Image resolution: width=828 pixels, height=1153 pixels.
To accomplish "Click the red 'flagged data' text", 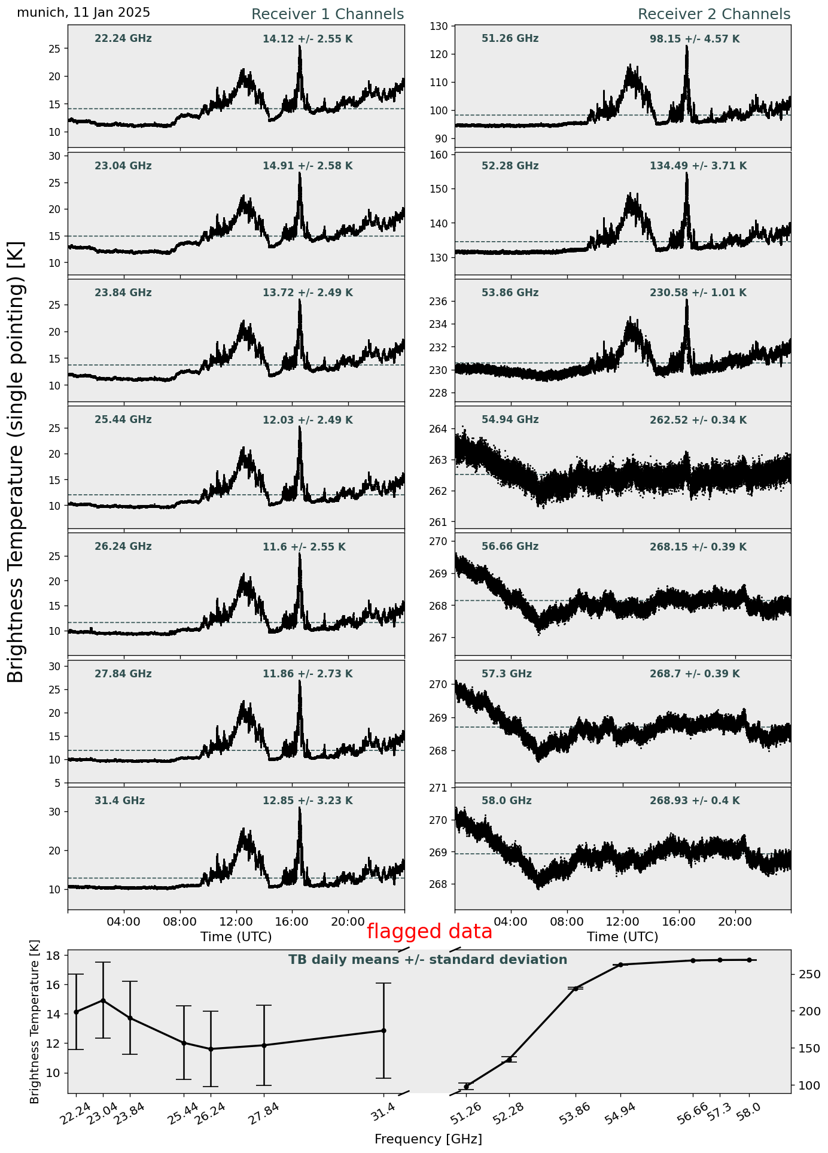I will coord(429,932).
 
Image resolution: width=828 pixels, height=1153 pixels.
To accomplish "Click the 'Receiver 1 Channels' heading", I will coord(327,14).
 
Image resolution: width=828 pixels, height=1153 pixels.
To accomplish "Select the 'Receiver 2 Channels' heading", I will coord(714,14).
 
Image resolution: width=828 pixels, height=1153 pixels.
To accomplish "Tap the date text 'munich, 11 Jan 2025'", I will coord(84,13).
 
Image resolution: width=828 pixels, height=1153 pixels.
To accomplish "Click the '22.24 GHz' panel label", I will coord(123,39).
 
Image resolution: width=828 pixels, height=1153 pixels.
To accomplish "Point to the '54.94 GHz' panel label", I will coord(510,420).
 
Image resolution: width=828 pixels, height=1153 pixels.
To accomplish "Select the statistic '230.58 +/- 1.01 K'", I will coord(698,293).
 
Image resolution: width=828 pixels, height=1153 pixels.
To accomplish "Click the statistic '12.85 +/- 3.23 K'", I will coord(308,801).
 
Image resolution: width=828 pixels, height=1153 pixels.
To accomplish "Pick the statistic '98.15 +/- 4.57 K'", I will coord(695,39).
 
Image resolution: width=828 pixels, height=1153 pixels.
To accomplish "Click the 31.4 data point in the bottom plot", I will coord(383,1030).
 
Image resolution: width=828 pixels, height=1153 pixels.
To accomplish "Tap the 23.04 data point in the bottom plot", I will coord(103,1000).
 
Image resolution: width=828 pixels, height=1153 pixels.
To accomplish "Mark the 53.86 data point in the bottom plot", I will coord(576,988).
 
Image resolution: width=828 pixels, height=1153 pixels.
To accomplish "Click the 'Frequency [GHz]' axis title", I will coord(428,1139).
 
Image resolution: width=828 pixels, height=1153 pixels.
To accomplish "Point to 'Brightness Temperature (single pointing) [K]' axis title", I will coord(16,461).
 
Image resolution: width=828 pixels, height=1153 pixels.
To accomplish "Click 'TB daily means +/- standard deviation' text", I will coord(428,960).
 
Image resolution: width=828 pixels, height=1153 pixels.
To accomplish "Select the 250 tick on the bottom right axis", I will coord(807,975).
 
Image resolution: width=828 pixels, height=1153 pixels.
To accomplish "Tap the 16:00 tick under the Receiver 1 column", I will coord(292,921).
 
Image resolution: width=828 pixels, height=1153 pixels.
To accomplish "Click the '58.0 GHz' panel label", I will coord(506,801).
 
